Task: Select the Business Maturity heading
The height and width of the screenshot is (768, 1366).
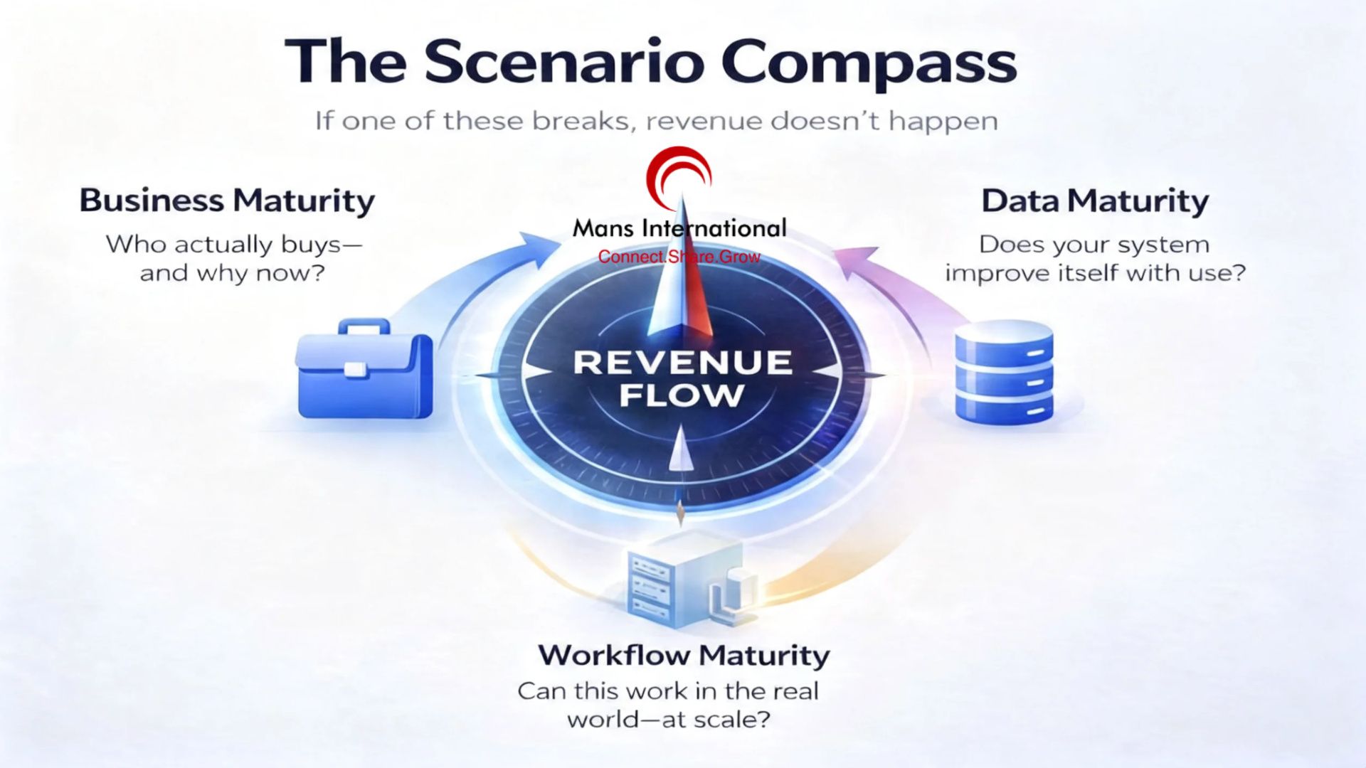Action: click(x=227, y=201)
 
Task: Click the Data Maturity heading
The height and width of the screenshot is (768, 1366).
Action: click(x=1095, y=201)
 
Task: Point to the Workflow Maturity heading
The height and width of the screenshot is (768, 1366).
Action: click(x=684, y=655)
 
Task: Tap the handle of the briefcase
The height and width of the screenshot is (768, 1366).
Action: click(x=364, y=326)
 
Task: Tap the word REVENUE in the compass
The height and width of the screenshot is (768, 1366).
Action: click(x=682, y=362)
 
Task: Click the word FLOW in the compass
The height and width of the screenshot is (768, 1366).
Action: click(x=681, y=395)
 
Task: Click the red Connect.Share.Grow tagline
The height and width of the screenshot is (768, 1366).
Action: click(x=679, y=257)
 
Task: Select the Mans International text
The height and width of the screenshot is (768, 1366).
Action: click(x=679, y=228)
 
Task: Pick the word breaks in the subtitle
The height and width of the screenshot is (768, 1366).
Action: click(x=582, y=121)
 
